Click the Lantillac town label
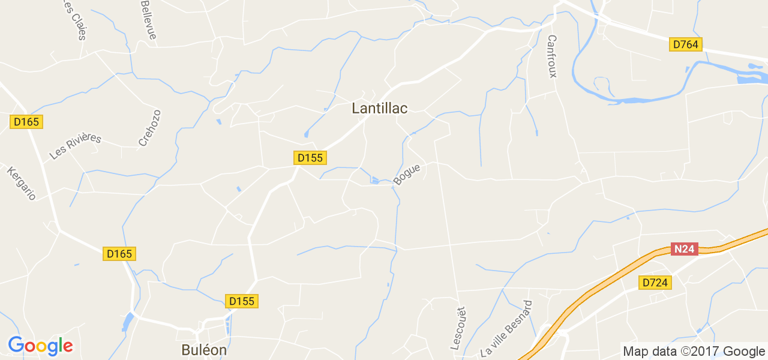(x=379, y=109)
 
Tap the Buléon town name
(x=204, y=349)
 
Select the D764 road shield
(x=686, y=44)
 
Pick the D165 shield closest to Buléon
(x=119, y=254)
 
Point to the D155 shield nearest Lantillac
(x=310, y=158)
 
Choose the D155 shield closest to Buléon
(x=242, y=301)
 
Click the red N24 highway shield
(x=684, y=249)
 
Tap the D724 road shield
(x=655, y=283)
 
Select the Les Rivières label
(x=76, y=146)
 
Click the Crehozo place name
(x=150, y=128)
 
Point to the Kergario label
(x=22, y=183)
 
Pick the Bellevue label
(x=148, y=19)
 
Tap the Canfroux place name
(x=553, y=56)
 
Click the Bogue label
(x=407, y=174)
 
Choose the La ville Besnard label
(x=507, y=328)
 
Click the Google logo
(x=40, y=346)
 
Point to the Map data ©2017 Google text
(x=694, y=351)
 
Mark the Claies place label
(x=74, y=21)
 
